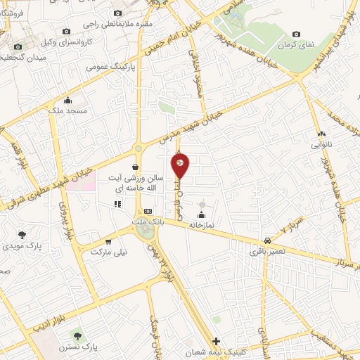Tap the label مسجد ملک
(72, 111)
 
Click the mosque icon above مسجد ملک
(67, 100)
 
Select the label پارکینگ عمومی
(105, 67)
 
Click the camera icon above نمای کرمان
(295, 34)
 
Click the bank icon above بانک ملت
(148, 211)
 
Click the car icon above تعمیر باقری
(267, 240)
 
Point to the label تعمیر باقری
(267, 250)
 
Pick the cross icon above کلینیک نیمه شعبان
(216, 340)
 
